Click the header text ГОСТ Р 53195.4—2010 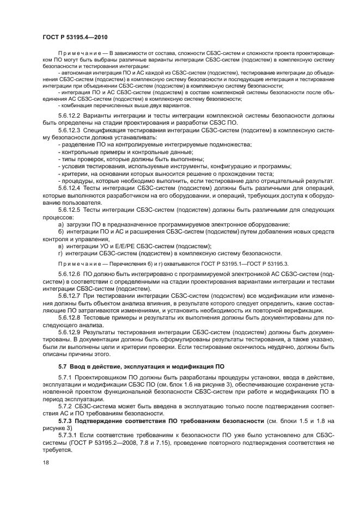click(68, 36)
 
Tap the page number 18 click(45, 462)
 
